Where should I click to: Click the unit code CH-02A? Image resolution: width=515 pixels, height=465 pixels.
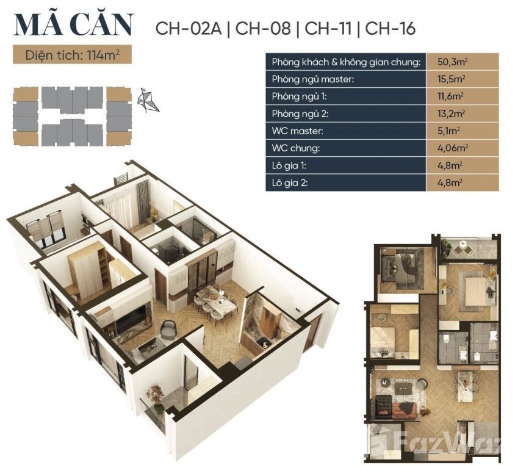(x=189, y=28)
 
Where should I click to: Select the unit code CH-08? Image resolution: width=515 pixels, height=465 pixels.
(x=264, y=28)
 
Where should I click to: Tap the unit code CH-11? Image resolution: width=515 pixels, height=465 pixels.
(x=328, y=28)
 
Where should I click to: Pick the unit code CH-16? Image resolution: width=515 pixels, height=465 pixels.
(x=391, y=28)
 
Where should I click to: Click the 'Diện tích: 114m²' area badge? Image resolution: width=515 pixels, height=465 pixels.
(x=72, y=54)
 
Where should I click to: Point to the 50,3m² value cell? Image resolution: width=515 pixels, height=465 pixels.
(x=462, y=62)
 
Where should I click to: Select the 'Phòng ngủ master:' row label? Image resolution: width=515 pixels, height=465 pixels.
(x=312, y=79)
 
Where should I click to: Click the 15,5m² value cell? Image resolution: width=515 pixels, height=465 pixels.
(x=462, y=79)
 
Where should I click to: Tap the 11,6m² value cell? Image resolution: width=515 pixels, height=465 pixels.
(x=462, y=96)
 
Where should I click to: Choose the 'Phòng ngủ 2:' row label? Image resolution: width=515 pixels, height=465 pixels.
(x=300, y=114)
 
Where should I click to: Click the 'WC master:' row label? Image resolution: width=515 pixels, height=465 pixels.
(x=297, y=131)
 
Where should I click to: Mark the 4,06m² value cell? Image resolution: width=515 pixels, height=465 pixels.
(x=462, y=148)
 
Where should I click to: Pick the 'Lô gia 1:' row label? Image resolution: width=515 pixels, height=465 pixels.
(x=289, y=165)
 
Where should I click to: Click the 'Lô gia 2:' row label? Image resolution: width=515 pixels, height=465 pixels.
(x=289, y=182)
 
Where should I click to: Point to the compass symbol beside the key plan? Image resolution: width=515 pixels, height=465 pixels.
(x=148, y=100)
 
